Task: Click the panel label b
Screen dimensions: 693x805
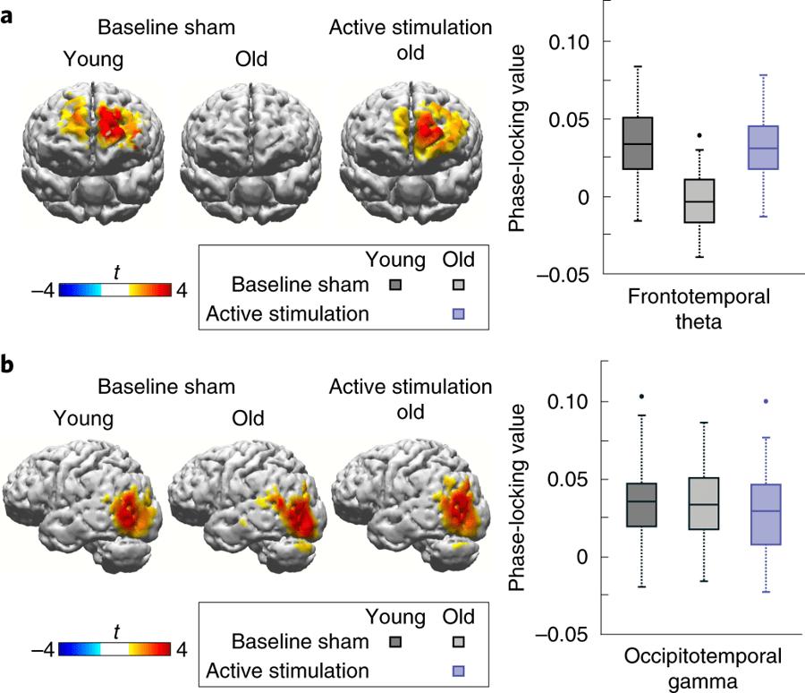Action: coord(8,365)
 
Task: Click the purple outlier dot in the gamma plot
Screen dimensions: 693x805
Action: coord(766,402)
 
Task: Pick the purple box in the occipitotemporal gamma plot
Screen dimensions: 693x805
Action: coord(766,514)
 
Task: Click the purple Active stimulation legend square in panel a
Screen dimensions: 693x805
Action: coord(458,313)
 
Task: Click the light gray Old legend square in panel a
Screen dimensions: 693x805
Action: coord(458,286)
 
